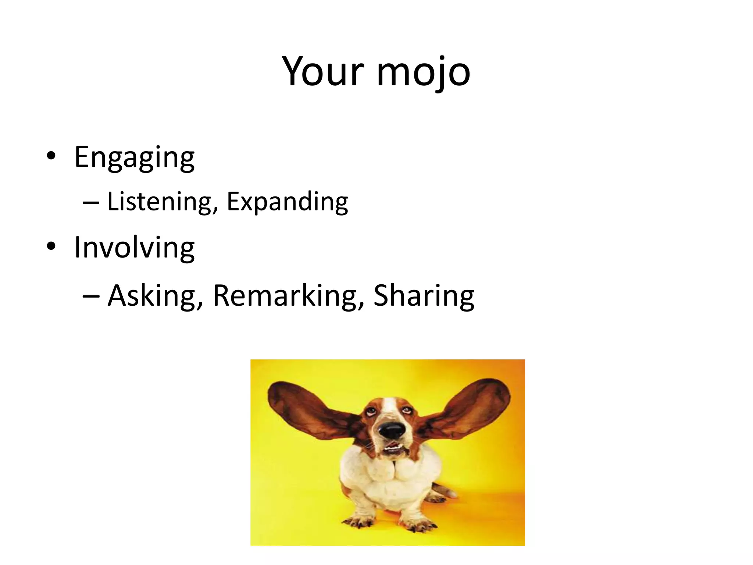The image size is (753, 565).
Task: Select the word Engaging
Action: (x=134, y=157)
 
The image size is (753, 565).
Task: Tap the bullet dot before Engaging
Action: (x=51, y=157)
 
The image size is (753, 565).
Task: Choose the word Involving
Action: (x=134, y=248)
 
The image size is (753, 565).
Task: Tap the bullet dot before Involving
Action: (x=51, y=247)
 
